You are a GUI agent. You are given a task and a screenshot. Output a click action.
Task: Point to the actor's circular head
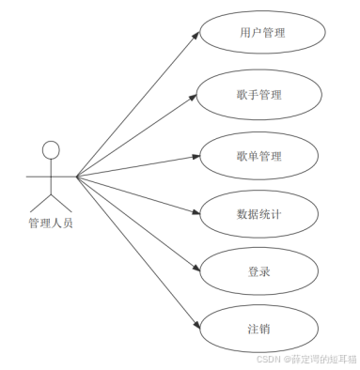[x=51, y=149]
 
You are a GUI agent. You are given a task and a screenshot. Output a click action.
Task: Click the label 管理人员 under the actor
[x=50, y=224]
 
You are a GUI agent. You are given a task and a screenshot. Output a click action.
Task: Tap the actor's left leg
[x=40, y=202]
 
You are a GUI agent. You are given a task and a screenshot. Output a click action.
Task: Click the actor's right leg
[x=61, y=202]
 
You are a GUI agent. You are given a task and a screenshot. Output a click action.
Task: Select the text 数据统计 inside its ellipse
[x=261, y=214]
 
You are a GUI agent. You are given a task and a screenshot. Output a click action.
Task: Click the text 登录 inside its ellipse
[x=261, y=271]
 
